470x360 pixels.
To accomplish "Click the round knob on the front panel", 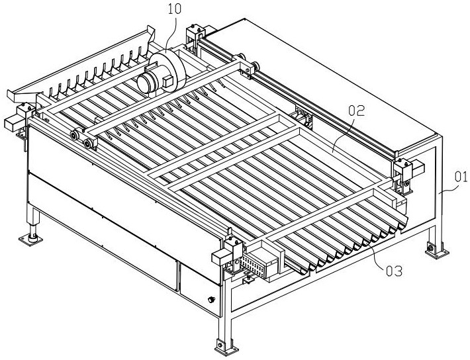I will (211, 300).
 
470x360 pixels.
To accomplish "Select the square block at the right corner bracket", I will (416, 168).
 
